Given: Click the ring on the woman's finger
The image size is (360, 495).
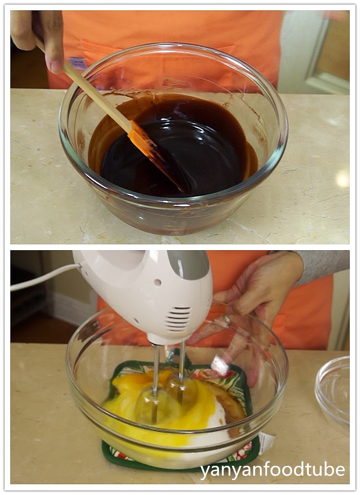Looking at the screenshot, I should point(228,320).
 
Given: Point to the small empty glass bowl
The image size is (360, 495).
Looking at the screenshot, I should point(333,391).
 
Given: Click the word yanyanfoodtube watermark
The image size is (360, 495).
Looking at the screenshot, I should point(272,470).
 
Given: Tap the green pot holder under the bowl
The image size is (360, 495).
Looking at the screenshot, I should point(112,454).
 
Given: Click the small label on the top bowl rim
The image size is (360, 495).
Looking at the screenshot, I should point(77,63).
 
